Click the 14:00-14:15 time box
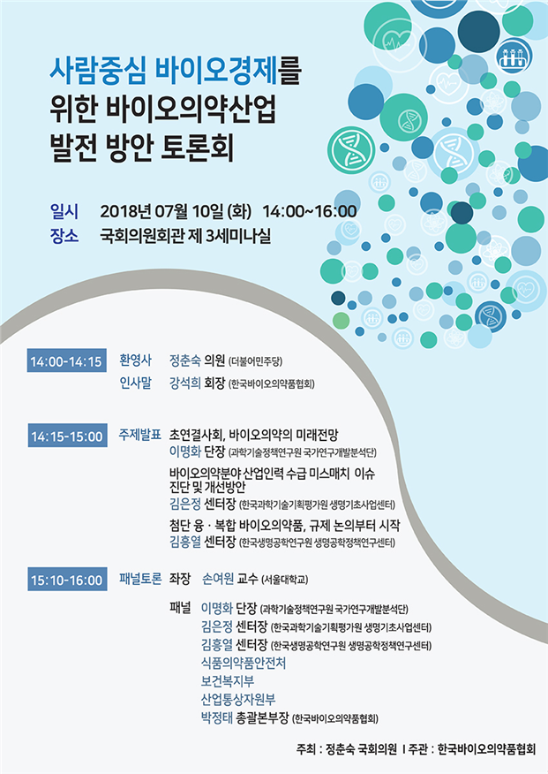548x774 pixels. pos(66,360)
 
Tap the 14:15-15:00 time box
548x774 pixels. pos(67,436)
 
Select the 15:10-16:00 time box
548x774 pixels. pos(67,579)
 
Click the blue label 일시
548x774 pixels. pos(64,211)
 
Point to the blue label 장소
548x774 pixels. pos(64,235)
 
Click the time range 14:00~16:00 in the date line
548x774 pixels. pos(310,211)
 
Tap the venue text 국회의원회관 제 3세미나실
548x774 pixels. pos(185,235)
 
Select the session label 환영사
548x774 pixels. pos(136,360)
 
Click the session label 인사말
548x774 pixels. pos(136,383)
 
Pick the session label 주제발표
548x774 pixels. pos(140,435)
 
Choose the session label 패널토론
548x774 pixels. pos(140,579)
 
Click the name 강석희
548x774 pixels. pos(184,383)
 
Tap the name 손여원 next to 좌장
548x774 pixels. pos(218,579)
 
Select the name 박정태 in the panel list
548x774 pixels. pos(217,717)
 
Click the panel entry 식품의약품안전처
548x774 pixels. pos(244,663)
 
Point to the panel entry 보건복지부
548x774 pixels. pos(228,681)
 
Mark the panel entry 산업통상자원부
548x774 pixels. pos(238,699)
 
